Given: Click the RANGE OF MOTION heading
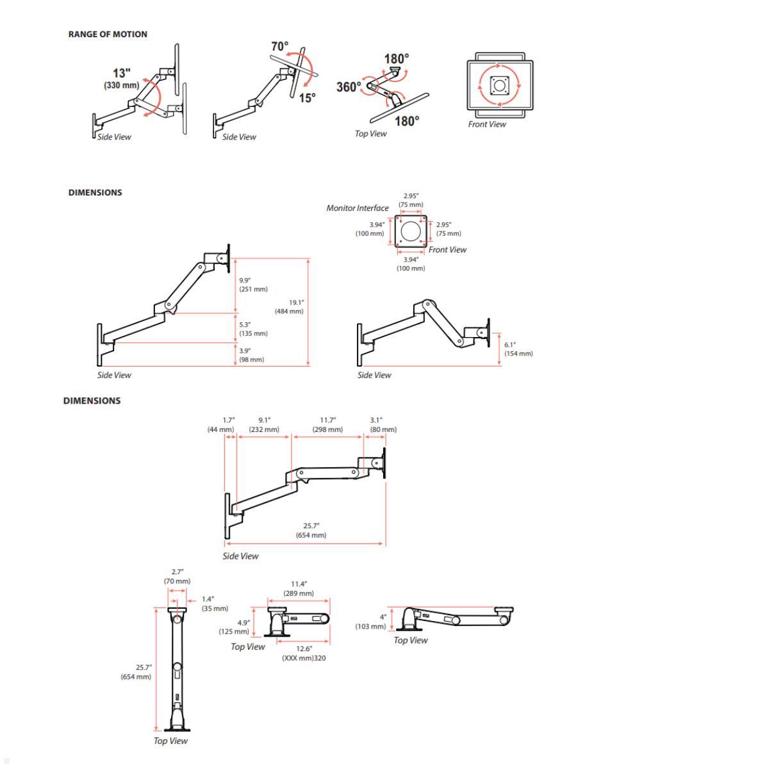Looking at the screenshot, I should coord(108,35).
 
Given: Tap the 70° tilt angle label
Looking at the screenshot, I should coord(279,47).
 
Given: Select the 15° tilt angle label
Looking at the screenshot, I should coord(307,98).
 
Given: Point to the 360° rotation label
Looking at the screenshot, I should coord(349,87).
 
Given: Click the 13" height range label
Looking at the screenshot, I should coord(122,78).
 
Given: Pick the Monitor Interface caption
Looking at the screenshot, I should coord(357,208).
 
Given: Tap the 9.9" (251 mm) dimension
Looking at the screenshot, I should coord(253,285).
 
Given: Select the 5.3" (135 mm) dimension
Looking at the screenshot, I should coord(253,329).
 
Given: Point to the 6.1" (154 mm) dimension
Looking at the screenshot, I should coord(518,349).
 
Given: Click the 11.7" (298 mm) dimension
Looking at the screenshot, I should coord(327,425).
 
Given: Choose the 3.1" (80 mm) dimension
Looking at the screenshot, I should coord(383,425).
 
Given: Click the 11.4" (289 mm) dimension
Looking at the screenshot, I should coord(299,588).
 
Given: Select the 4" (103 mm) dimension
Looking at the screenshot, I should coord(371,622).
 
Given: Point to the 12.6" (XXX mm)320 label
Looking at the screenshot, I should coord(304,653).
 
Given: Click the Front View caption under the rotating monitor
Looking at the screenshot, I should coord(486,124).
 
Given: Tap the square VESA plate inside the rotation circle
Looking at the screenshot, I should coord(500,85).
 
